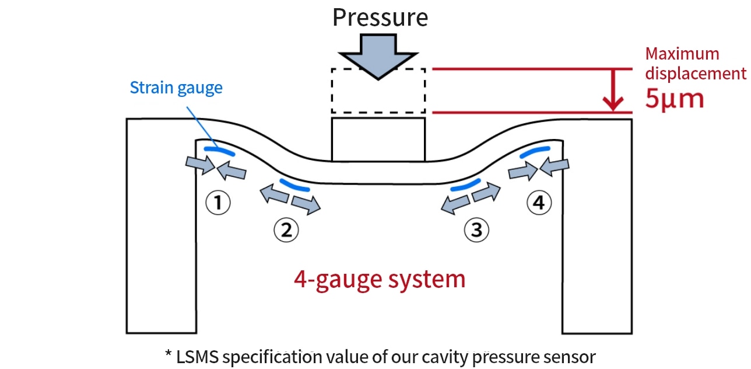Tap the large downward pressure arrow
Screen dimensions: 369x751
tap(378, 56)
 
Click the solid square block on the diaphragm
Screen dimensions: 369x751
tap(378, 140)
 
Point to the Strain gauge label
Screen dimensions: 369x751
tap(176, 88)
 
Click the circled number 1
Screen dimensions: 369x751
tap(217, 203)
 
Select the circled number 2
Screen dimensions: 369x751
tap(286, 229)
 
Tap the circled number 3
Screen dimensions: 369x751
tap(476, 229)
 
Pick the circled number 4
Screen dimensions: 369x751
tap(538, 203)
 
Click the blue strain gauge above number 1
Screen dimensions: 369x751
tap(219, 151)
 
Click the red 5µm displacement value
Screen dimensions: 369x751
tap(675, 99)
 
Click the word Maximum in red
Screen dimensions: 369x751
tap(682, 54)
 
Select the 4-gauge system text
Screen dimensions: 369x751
tap(380, 279)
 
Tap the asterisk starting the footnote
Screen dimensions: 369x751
tap(168, 354)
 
